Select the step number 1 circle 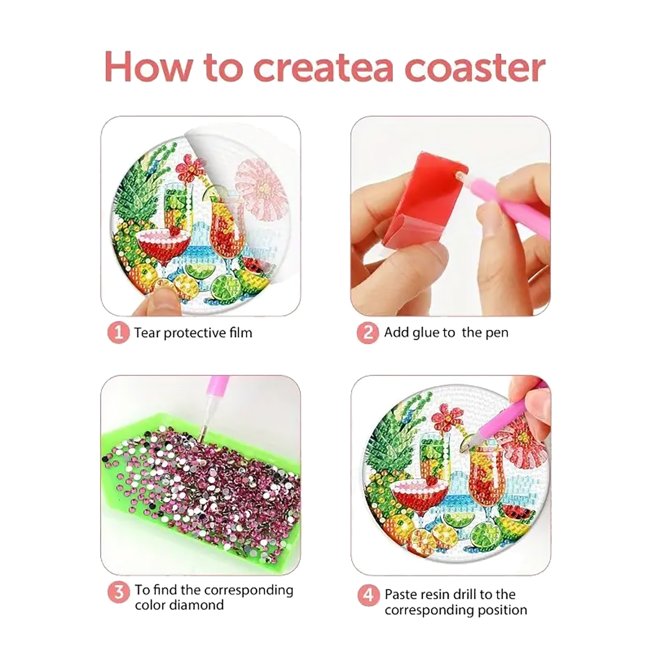(118, 333)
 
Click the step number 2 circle (368, 333)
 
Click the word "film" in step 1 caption (240, 333)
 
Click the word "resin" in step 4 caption (435, 594)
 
